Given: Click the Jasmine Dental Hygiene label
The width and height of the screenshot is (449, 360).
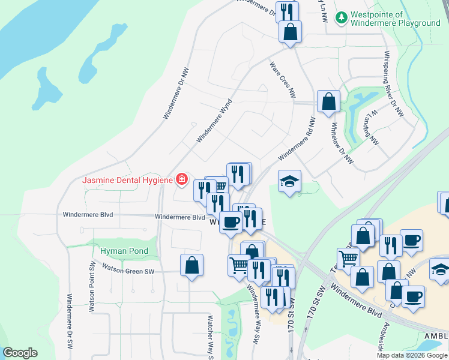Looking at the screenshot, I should (x=127, y=180).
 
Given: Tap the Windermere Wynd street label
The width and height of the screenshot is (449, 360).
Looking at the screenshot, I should (x=214, y=121).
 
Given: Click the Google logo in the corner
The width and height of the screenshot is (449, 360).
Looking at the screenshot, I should (x=20, y=353).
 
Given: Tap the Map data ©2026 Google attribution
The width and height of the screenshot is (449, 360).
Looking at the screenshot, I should (x=412, y=355).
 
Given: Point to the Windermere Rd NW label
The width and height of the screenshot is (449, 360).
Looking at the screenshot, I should (x=296, y=139).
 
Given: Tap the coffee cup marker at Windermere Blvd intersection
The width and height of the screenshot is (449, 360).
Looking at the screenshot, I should (x=231, y=223).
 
